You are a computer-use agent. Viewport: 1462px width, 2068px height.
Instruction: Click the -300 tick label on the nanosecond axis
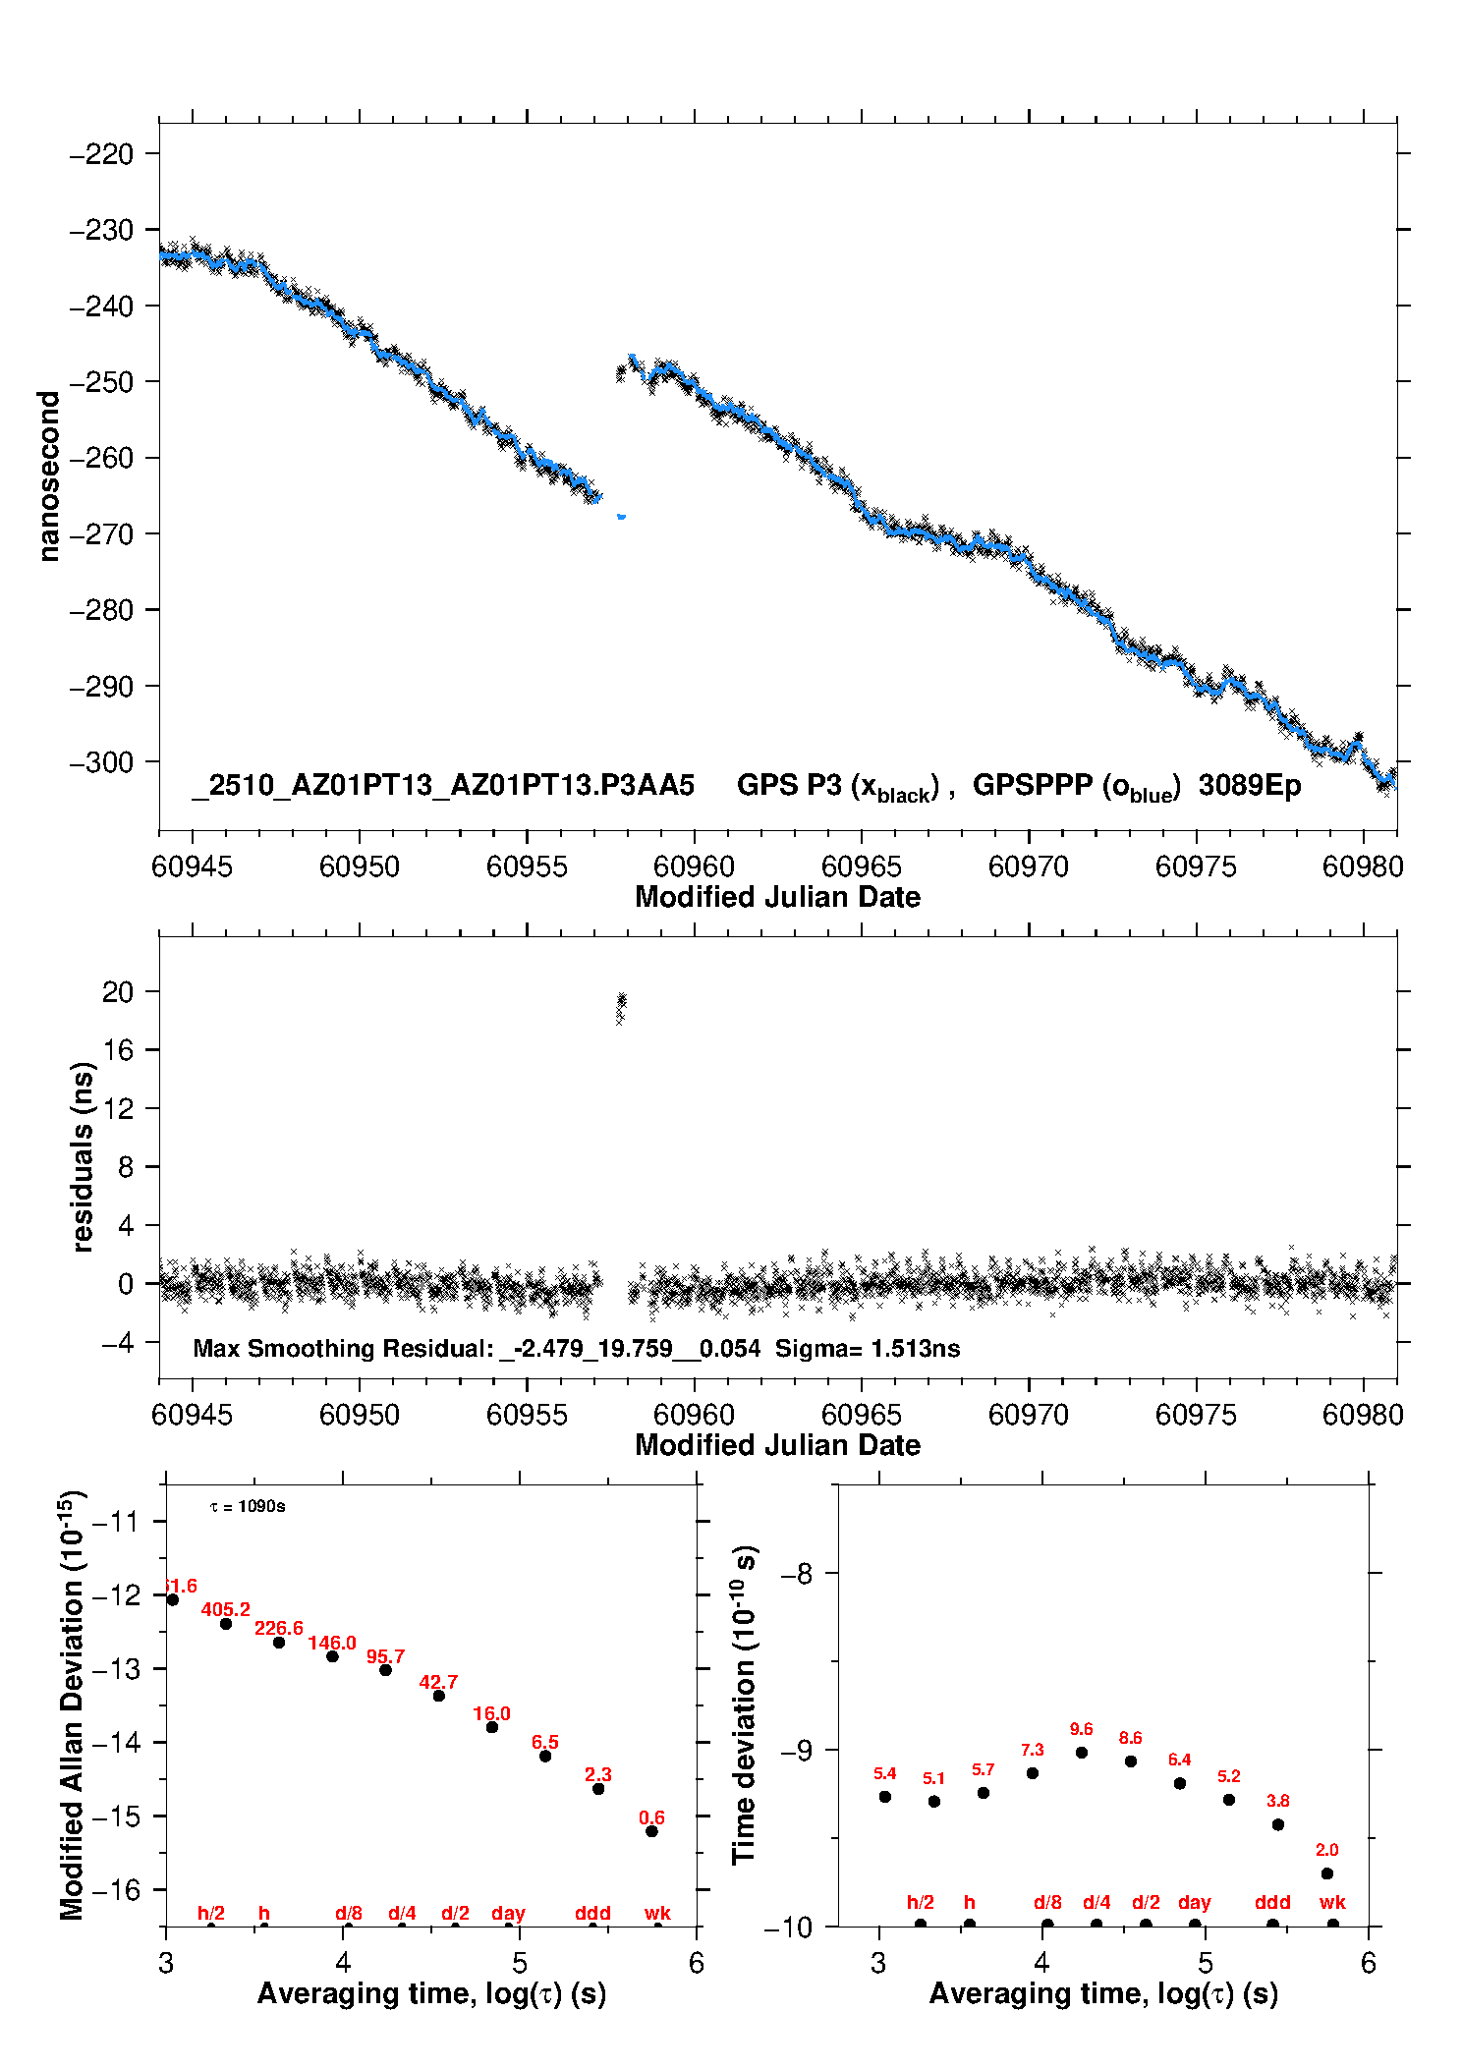point(100,762)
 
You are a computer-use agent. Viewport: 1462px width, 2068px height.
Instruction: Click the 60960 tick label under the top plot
point(694,866)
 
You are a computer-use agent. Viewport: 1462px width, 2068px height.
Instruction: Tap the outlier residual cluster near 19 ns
point(621,1006)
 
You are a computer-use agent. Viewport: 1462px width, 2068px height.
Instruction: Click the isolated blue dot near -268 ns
point(621,516)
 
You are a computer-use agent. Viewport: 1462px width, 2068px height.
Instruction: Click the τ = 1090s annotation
point(248,1506)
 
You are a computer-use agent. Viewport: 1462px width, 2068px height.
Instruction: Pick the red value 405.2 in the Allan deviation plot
point(225,1609)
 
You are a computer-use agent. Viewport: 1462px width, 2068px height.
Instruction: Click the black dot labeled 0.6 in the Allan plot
point(651,1831)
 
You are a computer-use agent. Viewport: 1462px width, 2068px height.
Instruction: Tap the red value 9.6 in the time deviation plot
point(1081,1729)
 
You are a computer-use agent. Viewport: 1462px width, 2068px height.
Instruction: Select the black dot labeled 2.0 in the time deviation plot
point(1327,1873)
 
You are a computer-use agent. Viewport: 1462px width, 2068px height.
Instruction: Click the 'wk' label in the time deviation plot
point(1332,1903)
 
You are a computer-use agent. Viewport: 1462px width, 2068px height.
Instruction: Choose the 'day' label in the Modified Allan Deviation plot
point(508,1913)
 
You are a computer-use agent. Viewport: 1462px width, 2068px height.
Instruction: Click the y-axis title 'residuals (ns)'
point(84,1156)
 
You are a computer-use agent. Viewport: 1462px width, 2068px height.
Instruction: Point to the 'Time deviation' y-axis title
point(745,1705)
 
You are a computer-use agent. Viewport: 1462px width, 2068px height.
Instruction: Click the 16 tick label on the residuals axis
point(117,1049)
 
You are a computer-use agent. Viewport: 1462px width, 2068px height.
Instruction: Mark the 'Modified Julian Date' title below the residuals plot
point(777,1445)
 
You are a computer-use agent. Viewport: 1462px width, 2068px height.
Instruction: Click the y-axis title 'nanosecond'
point(48,476)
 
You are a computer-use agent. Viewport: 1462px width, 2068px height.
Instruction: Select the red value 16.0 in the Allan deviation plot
point(491,1713)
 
